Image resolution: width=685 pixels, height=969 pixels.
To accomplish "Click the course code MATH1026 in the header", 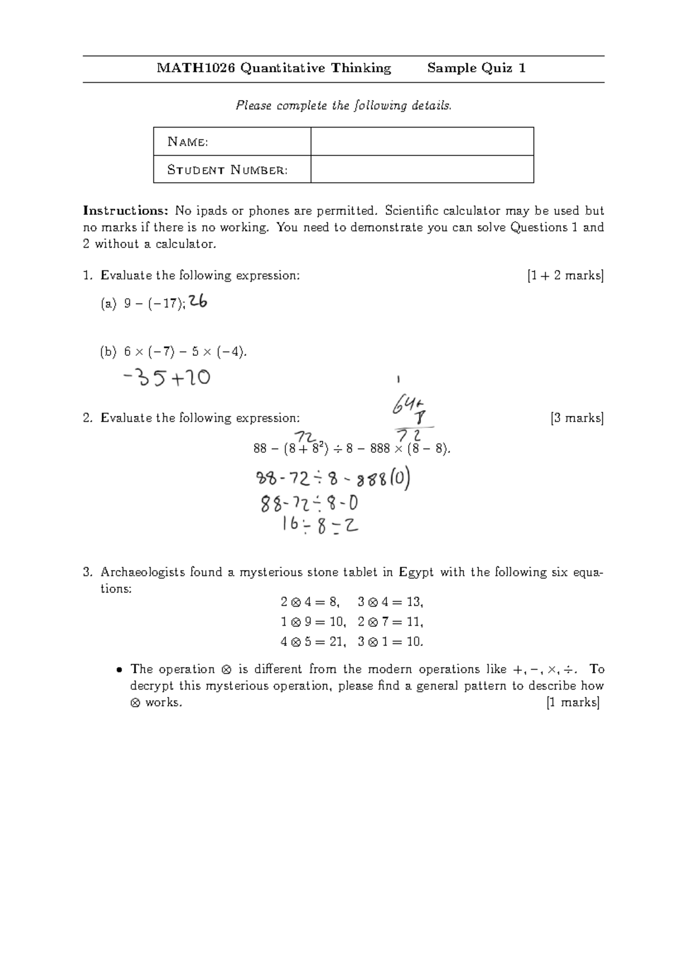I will point(196,69).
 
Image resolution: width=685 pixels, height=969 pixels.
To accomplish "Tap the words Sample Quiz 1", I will point(476,69).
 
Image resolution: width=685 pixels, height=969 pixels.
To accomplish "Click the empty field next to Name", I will point(422,141).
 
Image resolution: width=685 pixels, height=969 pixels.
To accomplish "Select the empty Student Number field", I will point(422,169).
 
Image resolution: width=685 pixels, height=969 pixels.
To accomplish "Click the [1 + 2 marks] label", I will point(565,275).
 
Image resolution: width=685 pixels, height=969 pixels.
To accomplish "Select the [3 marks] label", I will point(577,418).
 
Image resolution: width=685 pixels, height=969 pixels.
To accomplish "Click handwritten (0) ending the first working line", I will point(400,479).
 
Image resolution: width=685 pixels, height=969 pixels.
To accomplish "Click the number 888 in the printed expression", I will point(380,449).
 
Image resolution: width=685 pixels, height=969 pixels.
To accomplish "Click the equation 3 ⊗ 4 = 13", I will point(390,602).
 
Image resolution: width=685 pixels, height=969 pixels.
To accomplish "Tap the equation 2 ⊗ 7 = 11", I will point(390,622).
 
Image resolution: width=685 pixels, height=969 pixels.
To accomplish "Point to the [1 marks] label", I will point(573,702).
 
